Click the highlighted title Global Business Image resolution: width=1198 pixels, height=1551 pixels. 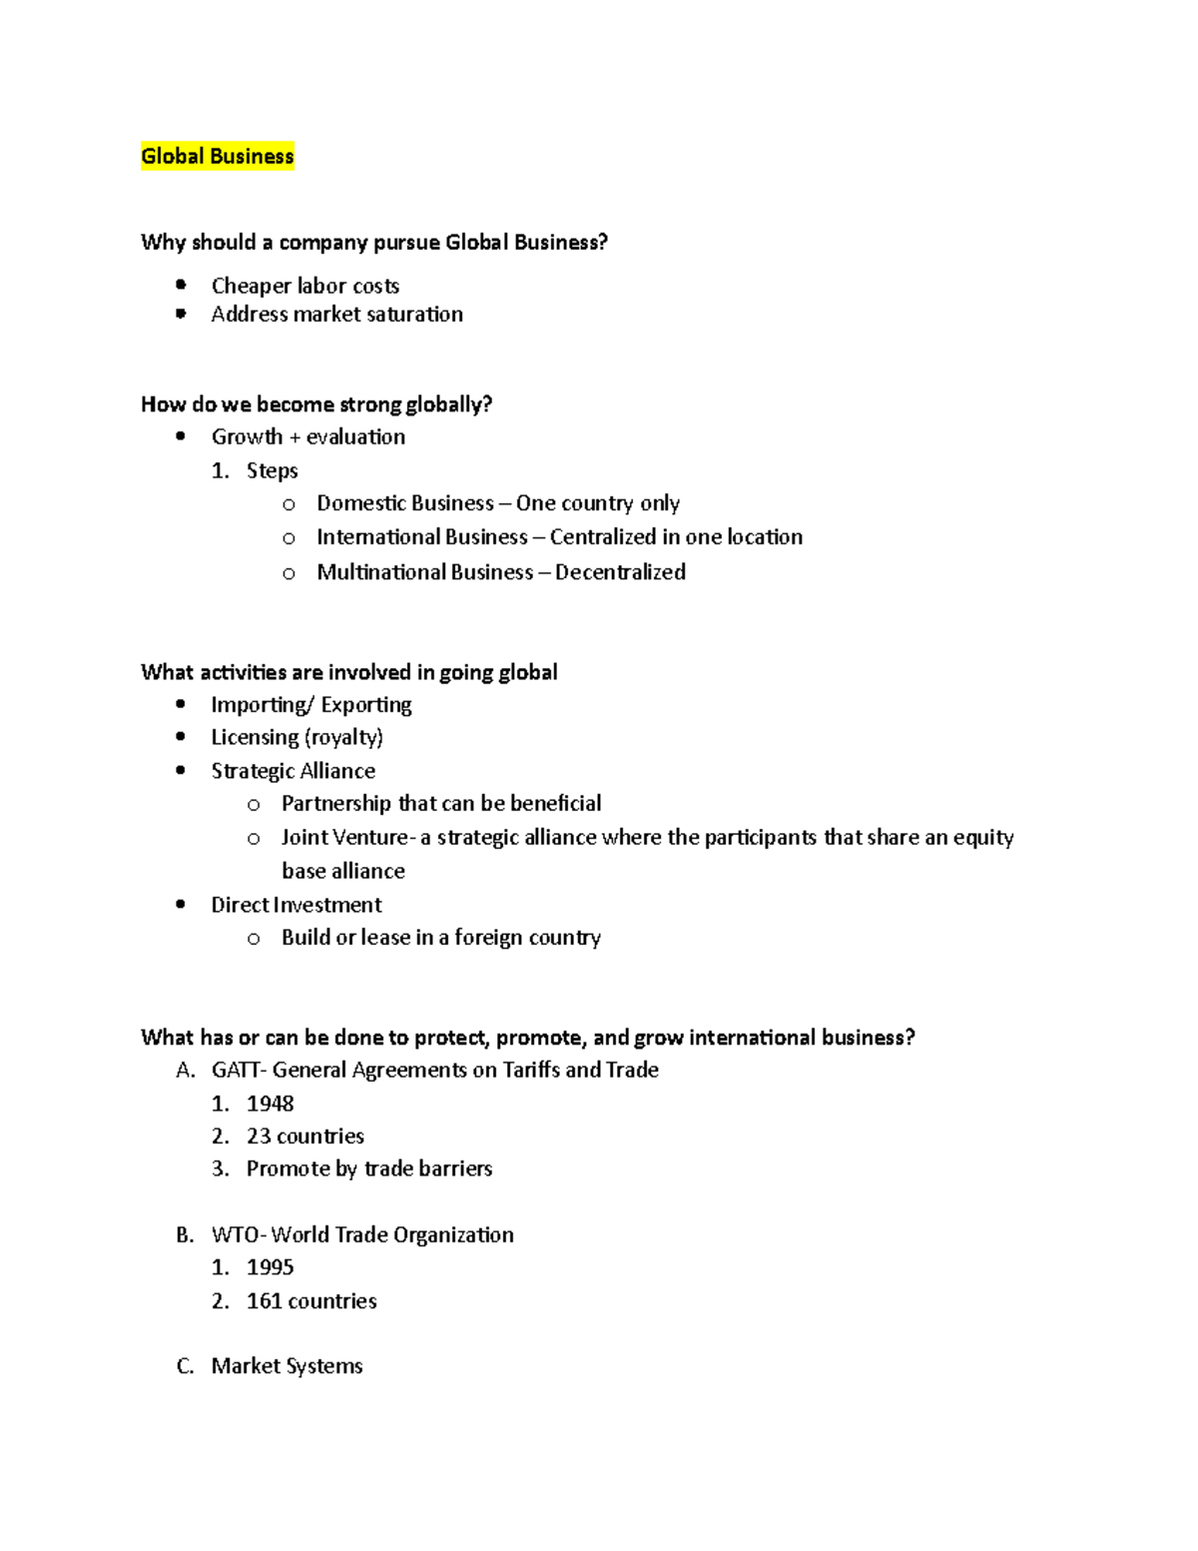click(217, 156)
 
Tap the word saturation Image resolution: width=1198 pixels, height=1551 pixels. click(414, 315)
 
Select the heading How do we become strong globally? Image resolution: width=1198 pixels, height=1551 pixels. click(316, 404)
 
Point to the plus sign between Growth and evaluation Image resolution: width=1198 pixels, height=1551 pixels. click(295, 437)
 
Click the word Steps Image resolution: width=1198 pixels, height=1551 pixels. click(272, 470)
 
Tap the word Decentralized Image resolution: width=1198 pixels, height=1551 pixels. click(620, 572)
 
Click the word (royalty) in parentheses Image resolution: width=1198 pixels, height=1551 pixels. click(343, 738)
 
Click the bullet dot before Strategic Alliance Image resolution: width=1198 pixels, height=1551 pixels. click(181, 770)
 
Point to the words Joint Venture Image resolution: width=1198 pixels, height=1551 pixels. click(344, 837)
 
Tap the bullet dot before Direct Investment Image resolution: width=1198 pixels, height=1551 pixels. click(181, 904)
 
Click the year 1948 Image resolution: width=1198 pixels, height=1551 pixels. click(271, 1104)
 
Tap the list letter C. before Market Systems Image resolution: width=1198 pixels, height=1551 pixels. click(185, 1366)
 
